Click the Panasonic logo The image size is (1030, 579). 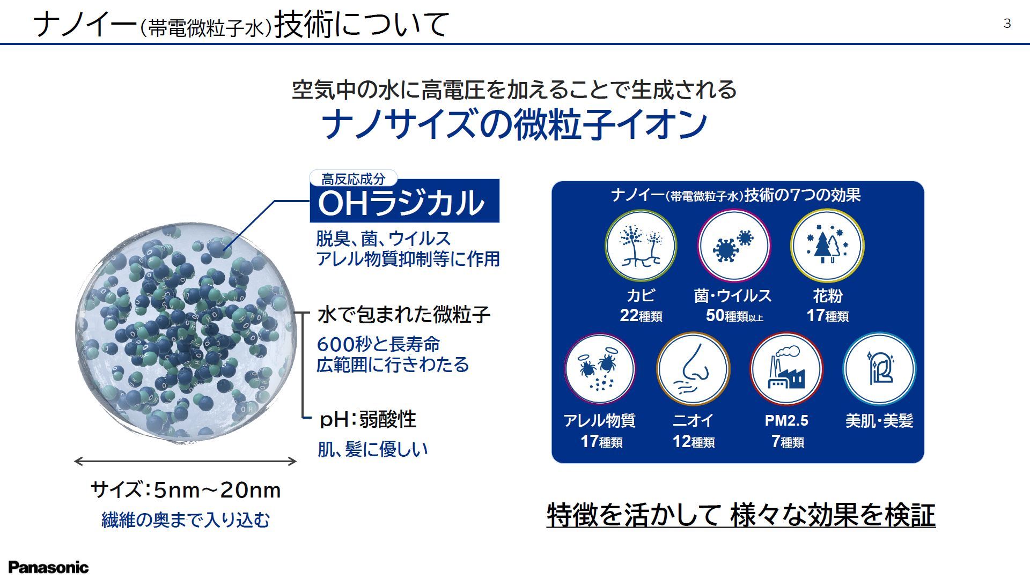tap(48, 567)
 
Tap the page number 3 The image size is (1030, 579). tap(1007, 24)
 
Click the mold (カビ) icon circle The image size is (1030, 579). tap(641, 246)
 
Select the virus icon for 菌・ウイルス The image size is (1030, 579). tap(733, 246)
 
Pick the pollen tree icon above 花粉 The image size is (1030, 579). tap(827, 246)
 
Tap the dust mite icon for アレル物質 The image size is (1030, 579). tap(599, 369)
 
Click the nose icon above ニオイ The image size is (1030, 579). tap(693, 369)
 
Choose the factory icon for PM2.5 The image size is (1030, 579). tap(786, 369)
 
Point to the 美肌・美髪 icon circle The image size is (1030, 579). tap(879, 369)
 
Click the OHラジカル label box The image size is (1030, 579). tap(404, 202)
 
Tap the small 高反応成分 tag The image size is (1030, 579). tap(354, 179)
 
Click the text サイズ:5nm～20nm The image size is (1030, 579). tap(186, 490)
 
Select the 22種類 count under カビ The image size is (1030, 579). tap(641, 316)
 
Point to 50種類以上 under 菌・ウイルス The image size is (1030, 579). tap(734, 316)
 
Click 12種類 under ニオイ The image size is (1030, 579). tap(694, 442)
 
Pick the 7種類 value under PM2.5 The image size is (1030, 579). tap(788, 442)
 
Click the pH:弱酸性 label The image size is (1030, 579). tap(367, 419)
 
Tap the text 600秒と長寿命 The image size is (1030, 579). tap(378, 344)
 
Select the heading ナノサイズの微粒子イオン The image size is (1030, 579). tap(514, 124)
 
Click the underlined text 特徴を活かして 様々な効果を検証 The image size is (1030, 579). tap(741, 515)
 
